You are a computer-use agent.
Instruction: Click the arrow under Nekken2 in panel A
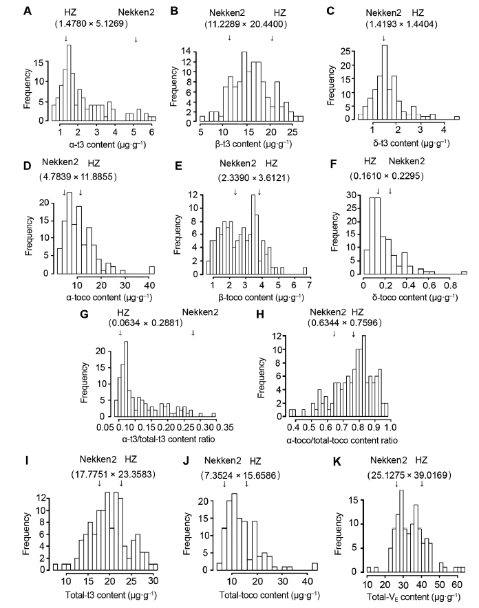point(136,39)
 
